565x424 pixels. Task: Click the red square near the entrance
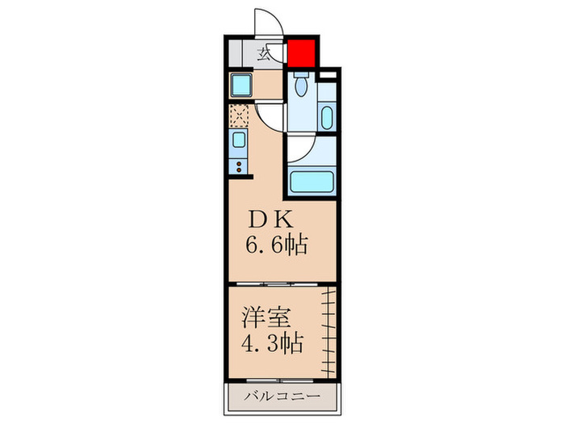pyautogui.click(x=300, y=52)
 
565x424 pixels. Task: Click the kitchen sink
pyautogui.click(x=241, y=142)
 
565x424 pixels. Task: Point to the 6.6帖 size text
pyautogui.click(x=277, y=244)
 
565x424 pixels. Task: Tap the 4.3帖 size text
pyautogui.click(x=271, y=343)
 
